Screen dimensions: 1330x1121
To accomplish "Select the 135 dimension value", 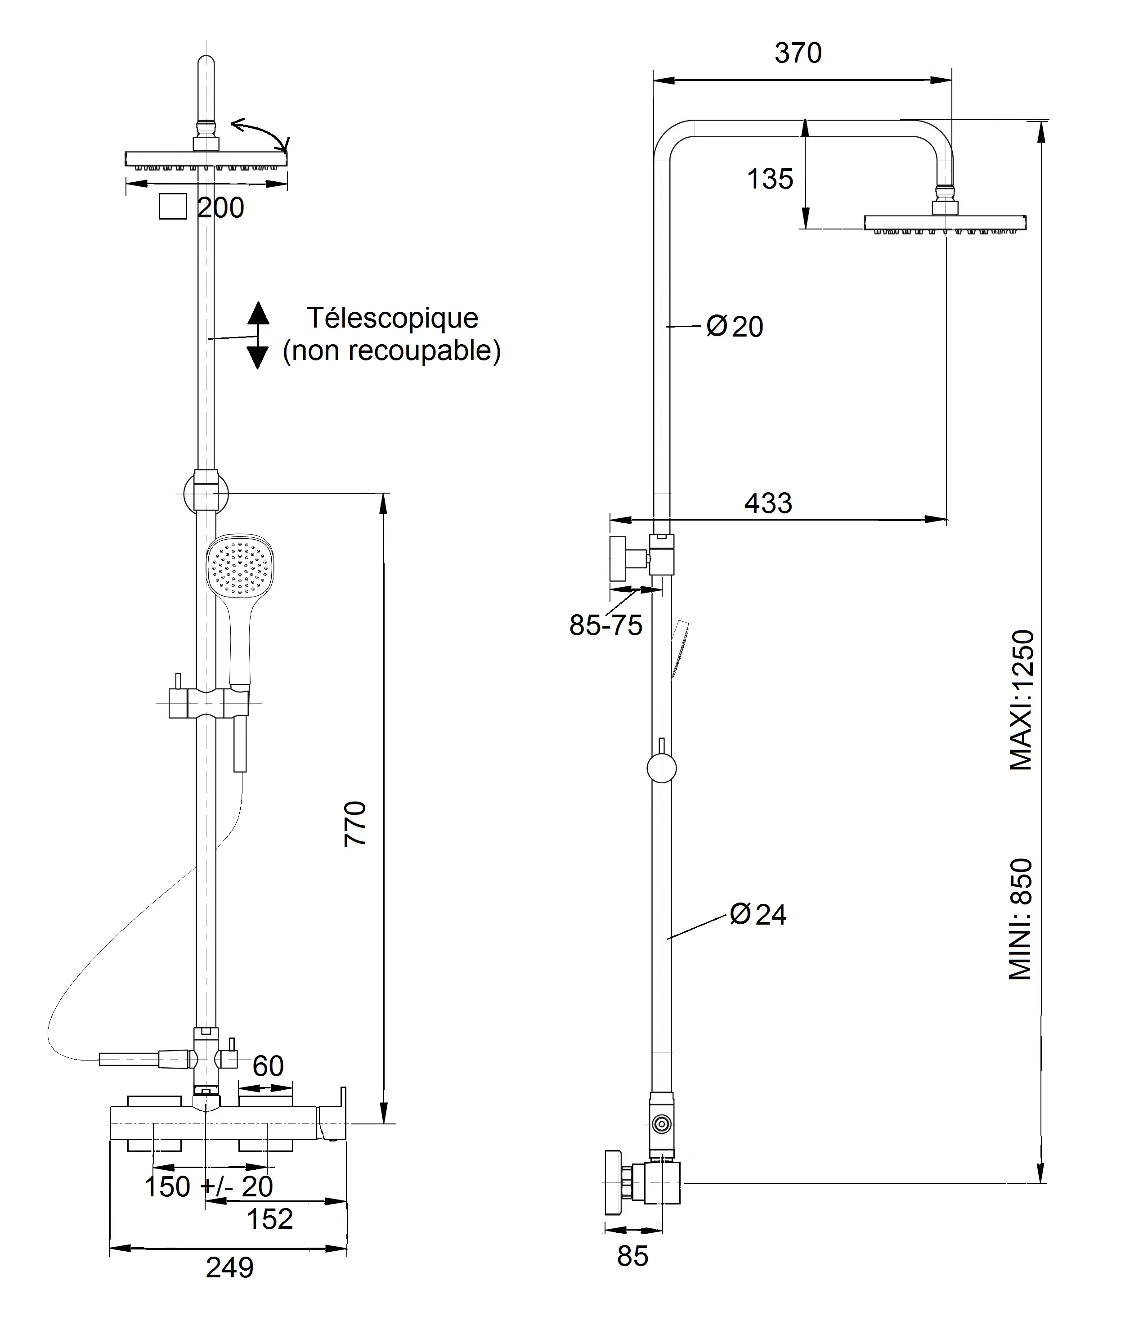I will click(770, 179).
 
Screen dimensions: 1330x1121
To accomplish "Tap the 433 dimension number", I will click(768, 503).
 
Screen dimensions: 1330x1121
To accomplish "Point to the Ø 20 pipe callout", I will click(735, 327).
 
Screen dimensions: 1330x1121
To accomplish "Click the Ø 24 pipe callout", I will click(758, 914).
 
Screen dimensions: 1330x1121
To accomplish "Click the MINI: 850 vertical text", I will click(1021, 920).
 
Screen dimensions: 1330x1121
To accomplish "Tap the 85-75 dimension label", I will click(605, 625).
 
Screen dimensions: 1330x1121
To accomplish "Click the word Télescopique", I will click(392, 318).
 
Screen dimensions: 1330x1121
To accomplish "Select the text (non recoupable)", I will click(391, 351).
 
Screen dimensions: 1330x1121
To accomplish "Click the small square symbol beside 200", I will click(172, 207).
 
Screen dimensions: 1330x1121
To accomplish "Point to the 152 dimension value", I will click(269, 1219).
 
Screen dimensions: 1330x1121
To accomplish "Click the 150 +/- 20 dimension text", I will click(209, 1186).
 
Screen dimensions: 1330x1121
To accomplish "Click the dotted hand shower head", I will click(240, 566).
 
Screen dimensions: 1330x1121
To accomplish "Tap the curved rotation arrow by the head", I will click(260, 131).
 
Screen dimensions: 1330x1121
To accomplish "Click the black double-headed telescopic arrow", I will click(257, 336).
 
